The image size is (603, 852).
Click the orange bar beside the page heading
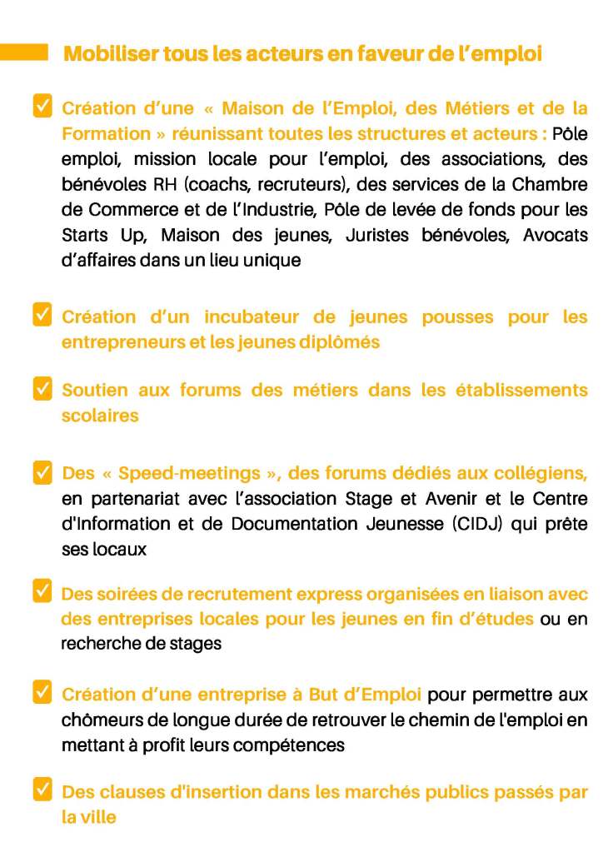(x=24, y=52)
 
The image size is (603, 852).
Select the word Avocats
(x=555, y=235)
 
